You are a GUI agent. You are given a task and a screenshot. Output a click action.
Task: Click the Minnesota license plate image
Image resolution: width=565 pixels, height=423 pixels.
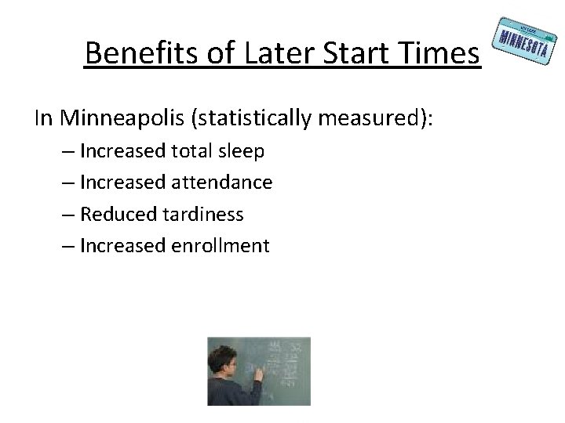click(520, 38)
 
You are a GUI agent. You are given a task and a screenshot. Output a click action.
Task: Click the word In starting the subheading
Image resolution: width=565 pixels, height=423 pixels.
click(44, 118)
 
